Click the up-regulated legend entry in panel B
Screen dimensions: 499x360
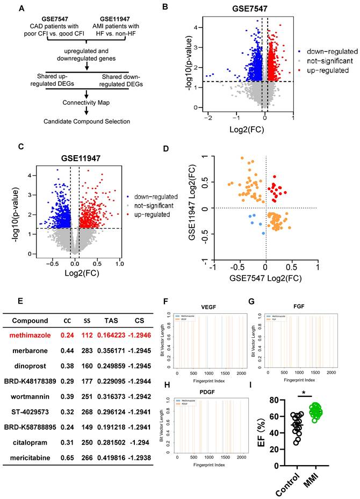point(321,70)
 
